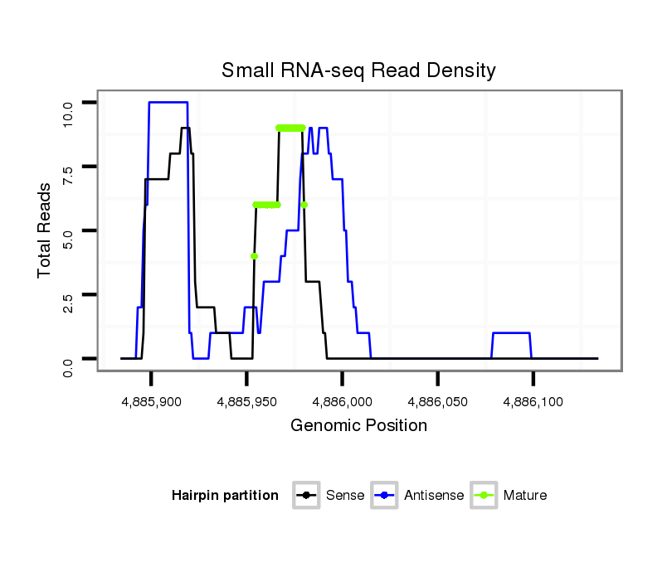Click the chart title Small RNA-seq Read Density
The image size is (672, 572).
358,70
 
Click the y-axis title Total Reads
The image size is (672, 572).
46,230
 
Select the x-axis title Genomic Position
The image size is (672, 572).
358,426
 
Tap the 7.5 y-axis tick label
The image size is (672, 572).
69,174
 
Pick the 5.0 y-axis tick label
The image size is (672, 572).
69,239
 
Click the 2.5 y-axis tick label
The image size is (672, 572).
69,303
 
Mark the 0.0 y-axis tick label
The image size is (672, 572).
69,366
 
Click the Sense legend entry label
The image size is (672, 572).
345,496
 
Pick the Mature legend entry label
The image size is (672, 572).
525,496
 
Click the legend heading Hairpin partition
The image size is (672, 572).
225,496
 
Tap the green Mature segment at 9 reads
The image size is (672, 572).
290,128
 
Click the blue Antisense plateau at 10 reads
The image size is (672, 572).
168,102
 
